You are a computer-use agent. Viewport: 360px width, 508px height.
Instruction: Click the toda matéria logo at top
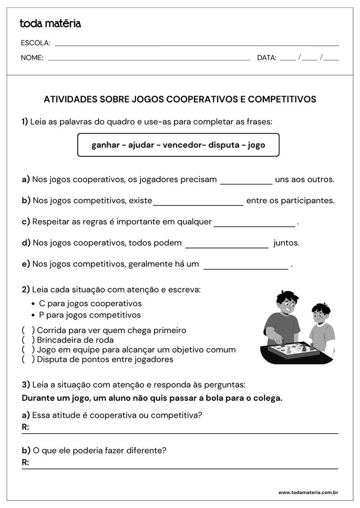pos(50,24)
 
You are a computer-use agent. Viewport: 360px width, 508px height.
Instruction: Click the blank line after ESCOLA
pos(197,44)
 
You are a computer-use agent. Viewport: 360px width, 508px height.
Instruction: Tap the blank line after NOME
pos(149,59)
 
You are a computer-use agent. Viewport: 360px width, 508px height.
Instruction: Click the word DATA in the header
pos(266,58)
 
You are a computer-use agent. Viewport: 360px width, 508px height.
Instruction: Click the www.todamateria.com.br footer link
pos(307,492)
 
